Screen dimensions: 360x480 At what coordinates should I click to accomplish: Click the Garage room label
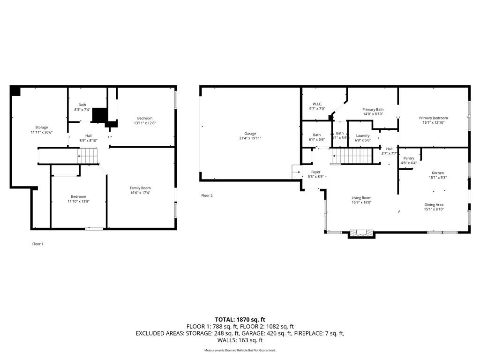pyautogui.click(x=250, y=134)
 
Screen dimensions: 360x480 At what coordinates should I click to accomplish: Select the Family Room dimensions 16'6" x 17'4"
pyautogui.click(x=140, y=193)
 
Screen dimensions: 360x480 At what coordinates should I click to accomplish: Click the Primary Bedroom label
pyautogui.click(x=433, y=118)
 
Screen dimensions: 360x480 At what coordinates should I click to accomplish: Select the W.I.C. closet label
pyautogui.click(x=317, y=104)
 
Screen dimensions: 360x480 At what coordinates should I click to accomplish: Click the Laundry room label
pyautogui.click(x=363, y=135)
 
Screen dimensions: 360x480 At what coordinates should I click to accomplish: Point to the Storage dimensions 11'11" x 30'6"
pyautogui.click(x=42, y=132)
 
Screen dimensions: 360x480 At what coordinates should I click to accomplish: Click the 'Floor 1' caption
pyautogui.click(x=38, y=244)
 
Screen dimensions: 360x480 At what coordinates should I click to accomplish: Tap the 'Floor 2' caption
pyautogui.click(x=207, y=195)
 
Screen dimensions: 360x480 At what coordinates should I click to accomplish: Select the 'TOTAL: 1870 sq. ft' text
pyautogui.click(x=240, y=320)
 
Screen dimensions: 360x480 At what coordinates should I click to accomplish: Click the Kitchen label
pyautogui.click(x=437, y=173)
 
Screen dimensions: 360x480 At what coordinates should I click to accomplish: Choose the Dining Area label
pyautogui.click(x=434, y=204)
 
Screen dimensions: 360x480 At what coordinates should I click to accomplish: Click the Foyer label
pyautogui.click(x=315, y=172)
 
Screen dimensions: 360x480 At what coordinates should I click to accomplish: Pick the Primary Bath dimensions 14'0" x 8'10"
pyautogui.click(x=373, y=114)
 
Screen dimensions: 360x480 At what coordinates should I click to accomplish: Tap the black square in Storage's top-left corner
pyautogui.click(x=15, y=91)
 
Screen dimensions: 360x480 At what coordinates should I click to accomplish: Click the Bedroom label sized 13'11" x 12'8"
pyautogui.click(x=144, y=118)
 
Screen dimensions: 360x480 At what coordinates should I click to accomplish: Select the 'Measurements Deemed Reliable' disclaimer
pyautogui.click(x=240, y=350)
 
